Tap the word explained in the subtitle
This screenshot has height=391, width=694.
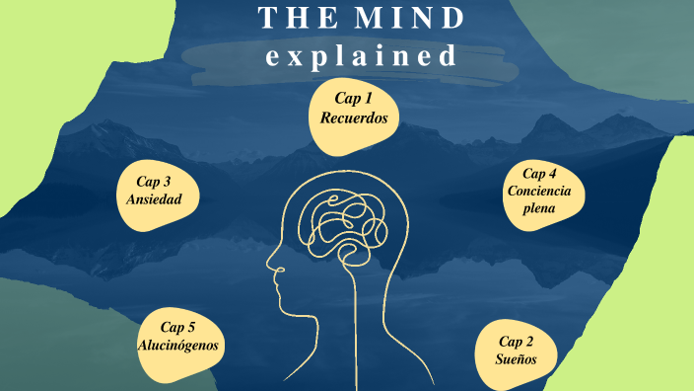pyautogui.click(x=362, y=56)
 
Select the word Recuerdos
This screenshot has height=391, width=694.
pyautogui.click(x=353, y=117)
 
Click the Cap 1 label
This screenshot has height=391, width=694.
pyautogui.click(x=353, y=98)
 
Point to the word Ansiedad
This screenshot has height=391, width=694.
pyautogui.click(x=155, y=199)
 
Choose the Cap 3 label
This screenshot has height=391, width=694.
pyautogui.click(x=155, y=181)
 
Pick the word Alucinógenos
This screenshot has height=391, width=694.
pyautogui.click(x=177, y=346)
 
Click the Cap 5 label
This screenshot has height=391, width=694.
pyautogui.click(x=178, y=327)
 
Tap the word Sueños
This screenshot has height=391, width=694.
pyautogui.click(x=517, y=359)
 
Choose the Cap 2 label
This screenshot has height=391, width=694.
pyautogui.click(x=517, y=341)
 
